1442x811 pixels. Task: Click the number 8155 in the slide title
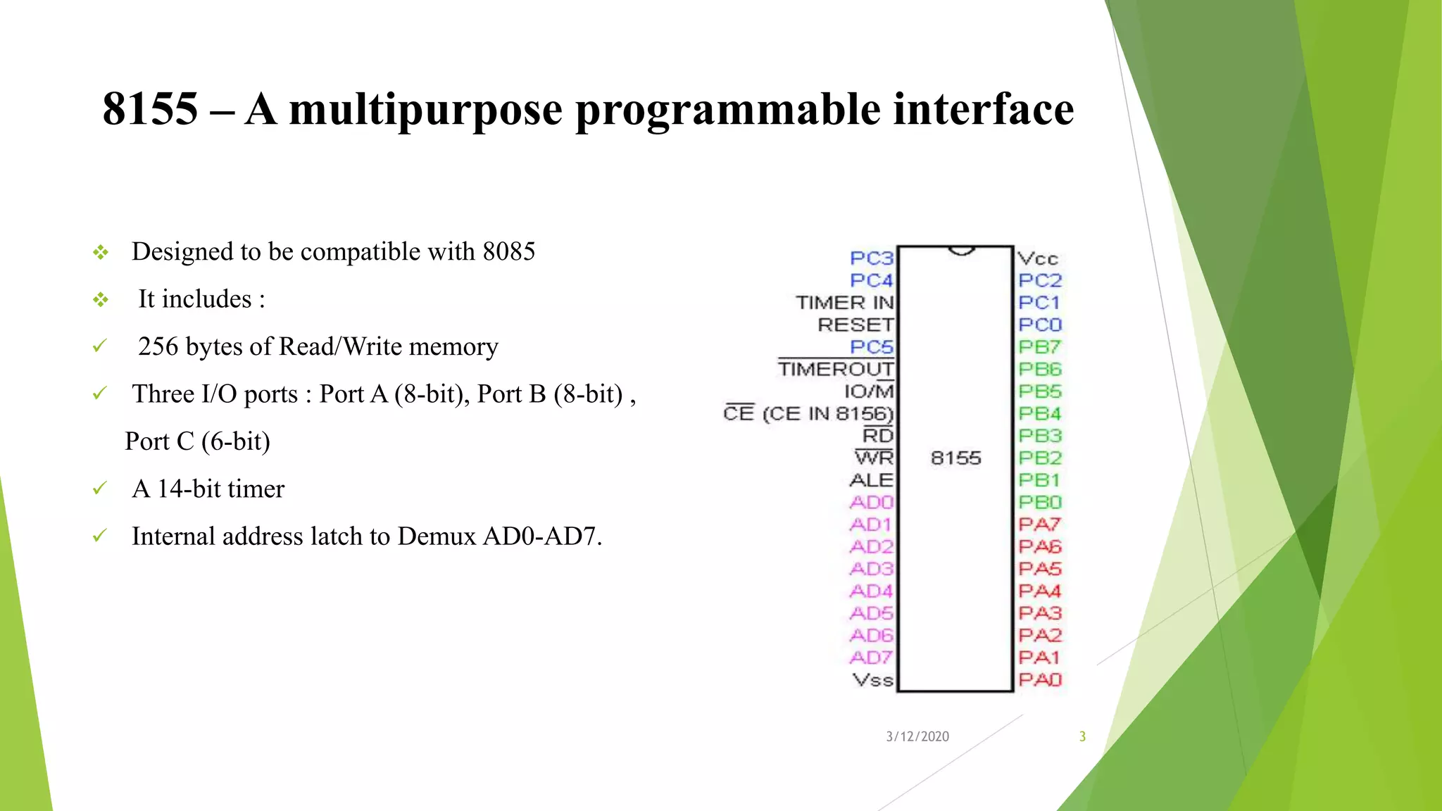click(x=150, y=110)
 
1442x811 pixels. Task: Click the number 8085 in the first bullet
click(x=508, y=252)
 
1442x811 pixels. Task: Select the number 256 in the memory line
click(x=158, y=347)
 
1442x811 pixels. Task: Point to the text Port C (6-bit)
click(x=197, y=441)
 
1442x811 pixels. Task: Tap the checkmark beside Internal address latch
click(x=100, y=536)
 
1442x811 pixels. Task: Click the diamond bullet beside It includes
click(x=101, y=300)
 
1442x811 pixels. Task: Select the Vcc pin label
click(x=1038, y=258)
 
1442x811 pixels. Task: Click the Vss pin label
click(x=872, y=680)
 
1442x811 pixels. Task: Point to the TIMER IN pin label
click(x=844, y=303)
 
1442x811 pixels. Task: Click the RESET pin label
click(x=855, y=325)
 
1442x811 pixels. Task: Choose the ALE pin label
click(x=871, y=480)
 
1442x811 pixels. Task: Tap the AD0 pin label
click(x=871, y=503)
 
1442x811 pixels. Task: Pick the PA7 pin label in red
click(x=1039, y=524)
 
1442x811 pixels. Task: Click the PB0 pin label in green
click(x=1039, y=503)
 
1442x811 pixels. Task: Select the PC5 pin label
click(x=871, y=347)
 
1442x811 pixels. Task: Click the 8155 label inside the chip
click(x=955, y=458)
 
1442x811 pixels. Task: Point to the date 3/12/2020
click(x=917, y=736)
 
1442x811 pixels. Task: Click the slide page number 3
click(x=1082, y=736)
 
